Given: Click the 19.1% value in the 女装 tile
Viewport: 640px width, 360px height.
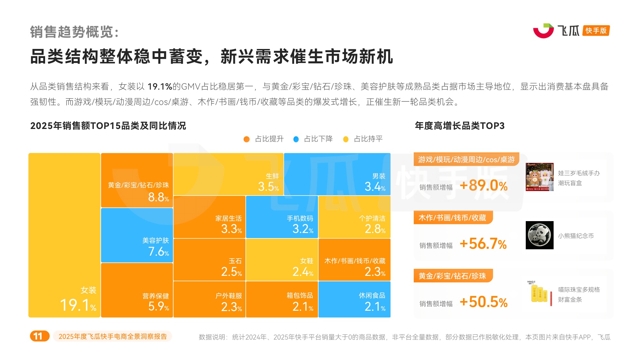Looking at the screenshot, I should click(x=78, y=305).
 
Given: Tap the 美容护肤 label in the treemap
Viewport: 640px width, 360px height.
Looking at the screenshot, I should click(x=156, y=241).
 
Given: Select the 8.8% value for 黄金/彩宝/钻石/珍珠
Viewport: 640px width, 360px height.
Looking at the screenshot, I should click(x=158, y=197).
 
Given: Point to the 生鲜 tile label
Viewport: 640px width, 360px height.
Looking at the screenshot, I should click(x=272, y=176).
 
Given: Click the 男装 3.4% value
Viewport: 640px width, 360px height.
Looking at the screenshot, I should click(x=375, y=187).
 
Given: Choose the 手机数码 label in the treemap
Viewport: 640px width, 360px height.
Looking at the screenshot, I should click(x=300, y=218).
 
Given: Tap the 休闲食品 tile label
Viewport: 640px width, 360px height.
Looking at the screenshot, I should click(x=372, y=295).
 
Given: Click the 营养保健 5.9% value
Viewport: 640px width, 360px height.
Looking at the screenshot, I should click(x=158, y=307).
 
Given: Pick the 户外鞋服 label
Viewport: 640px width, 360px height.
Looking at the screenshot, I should click(x=228, y=296).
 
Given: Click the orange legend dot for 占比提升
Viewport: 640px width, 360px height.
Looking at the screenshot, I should click(x=246, y=139).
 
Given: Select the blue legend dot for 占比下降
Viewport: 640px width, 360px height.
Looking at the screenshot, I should click(x=296, y=139).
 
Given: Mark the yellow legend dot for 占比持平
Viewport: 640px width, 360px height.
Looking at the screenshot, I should click(x=346, y=139).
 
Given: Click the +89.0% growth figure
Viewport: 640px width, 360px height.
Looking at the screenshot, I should click(x=483, y=186).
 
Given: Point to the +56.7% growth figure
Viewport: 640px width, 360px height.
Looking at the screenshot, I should click(x=483, y=244).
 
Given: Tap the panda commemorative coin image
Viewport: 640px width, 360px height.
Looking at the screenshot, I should click(x=540, y=235).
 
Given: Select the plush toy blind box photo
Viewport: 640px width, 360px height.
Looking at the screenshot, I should click(x=540, y=177).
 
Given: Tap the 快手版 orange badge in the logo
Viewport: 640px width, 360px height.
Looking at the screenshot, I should click(x=596, y=31).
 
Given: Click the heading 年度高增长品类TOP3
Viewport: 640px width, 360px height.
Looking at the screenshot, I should click(x=460, y=126).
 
